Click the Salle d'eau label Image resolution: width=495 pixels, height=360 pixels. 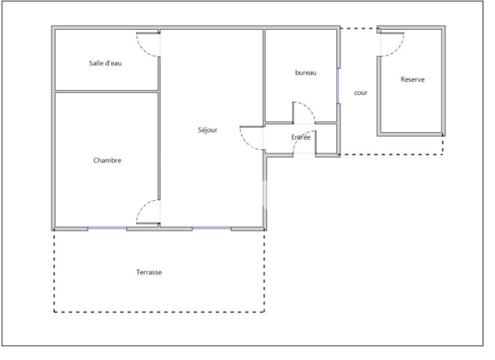(x=105, y=63)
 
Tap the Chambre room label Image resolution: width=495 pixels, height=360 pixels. (x=107, y=161)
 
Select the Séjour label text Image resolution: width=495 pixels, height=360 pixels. (x=208, y=130)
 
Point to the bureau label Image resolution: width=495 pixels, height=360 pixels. (x=306, y=73)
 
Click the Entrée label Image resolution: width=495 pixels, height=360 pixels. (x=301, y=138)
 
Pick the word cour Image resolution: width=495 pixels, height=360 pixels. (x=361, y=93)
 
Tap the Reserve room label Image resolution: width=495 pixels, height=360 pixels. (x=412, y=80)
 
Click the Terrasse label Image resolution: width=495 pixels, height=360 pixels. (x=149, y=272)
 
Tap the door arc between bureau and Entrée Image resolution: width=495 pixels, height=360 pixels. (x=309, y=107)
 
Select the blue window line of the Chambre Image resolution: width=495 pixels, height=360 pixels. (x=107, y=228)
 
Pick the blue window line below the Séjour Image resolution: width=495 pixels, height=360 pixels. (x=212, y=228)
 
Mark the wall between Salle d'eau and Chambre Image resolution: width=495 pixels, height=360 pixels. (x=106, y=91)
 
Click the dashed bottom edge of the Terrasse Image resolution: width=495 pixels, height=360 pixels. (x=159, y=312)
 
